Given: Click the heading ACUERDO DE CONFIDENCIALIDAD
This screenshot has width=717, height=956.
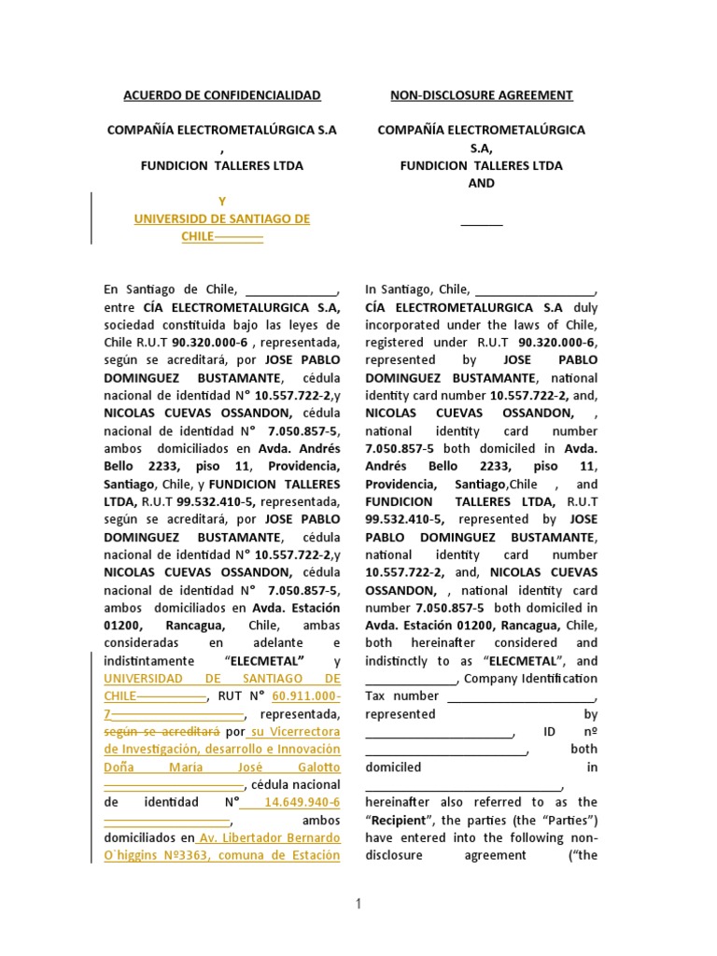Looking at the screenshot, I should (222, 95).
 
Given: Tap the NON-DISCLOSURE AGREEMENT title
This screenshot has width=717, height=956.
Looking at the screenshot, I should (481, 95).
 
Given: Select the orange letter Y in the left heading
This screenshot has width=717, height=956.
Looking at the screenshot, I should (222, 201).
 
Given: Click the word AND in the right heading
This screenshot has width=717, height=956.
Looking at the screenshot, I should (481, 183).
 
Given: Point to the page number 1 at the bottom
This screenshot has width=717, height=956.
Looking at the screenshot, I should (358, 904).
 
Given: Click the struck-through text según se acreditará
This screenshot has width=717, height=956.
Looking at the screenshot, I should (161, 732).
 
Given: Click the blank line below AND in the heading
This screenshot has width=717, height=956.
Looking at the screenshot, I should (481, 223).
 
